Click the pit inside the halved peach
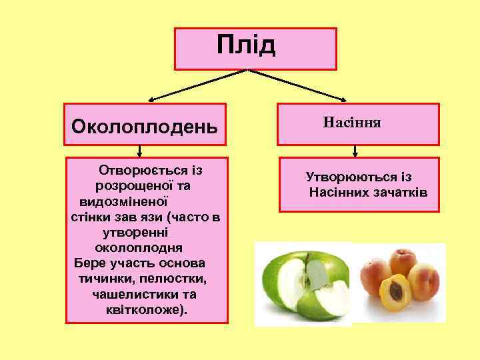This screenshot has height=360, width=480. tap(397, 289)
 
